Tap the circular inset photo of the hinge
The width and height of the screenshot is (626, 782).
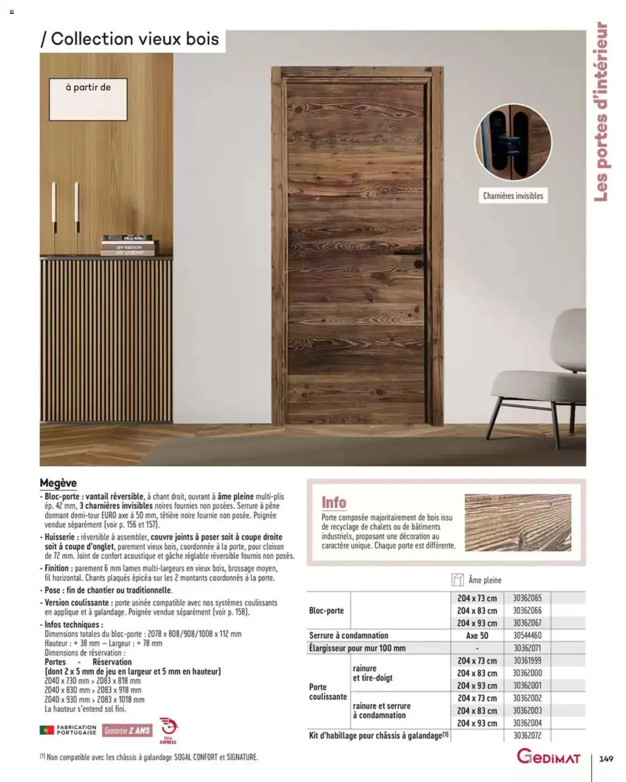[x=513, y=142]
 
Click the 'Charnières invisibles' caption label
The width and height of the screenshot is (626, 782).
[x=513, y=196]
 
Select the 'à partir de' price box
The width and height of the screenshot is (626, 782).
[x=88, y=99]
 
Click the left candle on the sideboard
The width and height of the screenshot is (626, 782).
[x=54, y=210]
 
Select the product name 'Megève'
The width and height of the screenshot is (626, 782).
[x=58, y=483]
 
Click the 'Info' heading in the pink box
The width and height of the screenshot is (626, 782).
[x=334, y=502]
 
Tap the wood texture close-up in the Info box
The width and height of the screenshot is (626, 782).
[x=518, y=522]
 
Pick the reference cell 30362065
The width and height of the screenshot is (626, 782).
[x=527, y=598]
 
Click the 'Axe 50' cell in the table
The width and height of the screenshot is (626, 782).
[x=477, y=635]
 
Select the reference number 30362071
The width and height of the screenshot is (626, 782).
[x=527, y=648]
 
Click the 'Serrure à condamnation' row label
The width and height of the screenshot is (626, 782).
[x=349, y=635]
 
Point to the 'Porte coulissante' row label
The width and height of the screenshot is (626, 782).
[x=328, y=692]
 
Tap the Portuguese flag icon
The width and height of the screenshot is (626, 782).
[x=46, y=730]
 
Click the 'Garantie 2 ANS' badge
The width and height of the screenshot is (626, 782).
[x=127, y=731]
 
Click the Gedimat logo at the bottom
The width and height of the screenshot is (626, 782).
[x=549, y=758]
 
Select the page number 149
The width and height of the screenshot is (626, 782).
[x=606, y=759]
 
